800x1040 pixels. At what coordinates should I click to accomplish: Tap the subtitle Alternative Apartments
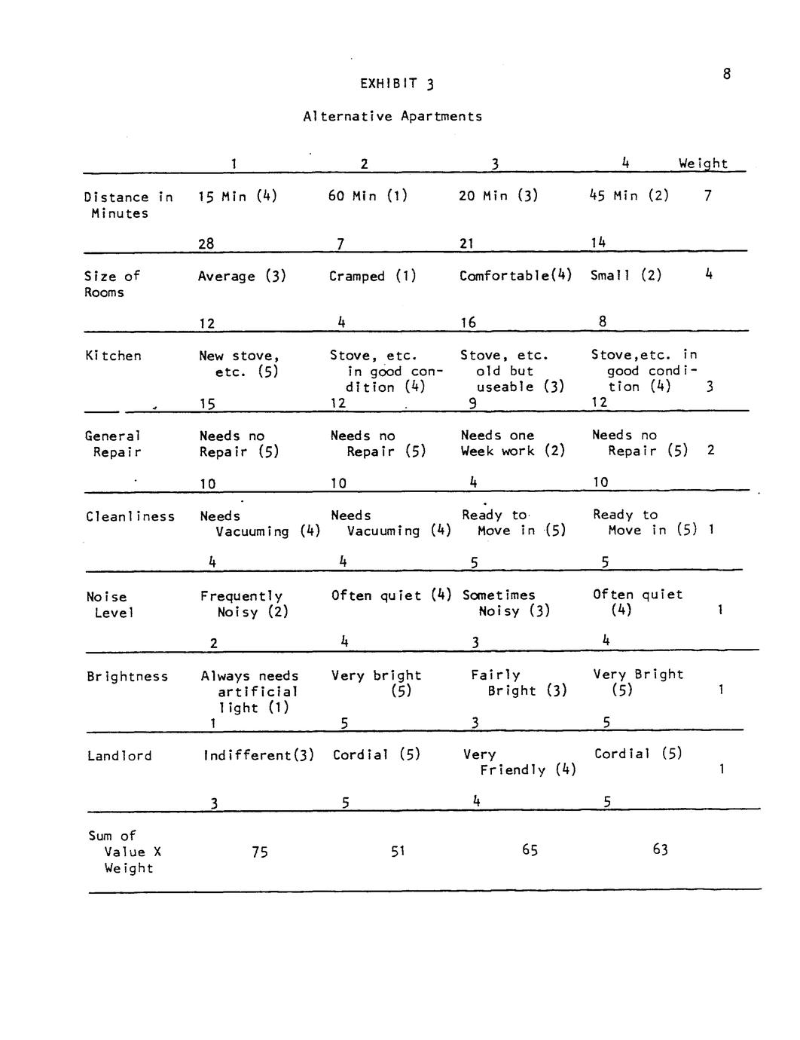[392, 116]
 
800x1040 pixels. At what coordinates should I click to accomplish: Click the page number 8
[726, 74]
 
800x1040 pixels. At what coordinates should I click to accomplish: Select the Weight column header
[703, 164]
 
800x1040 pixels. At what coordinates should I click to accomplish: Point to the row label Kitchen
[113, 356]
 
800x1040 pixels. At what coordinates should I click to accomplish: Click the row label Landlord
[119, 756]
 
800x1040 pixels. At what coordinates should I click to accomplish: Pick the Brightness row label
[127, 676]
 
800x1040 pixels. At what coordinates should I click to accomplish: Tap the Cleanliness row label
[130, 516]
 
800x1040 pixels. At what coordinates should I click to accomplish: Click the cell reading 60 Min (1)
[368, 196]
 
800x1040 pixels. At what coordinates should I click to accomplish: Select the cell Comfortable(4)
[516, 276]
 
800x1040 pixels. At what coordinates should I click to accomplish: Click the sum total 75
[260, 852]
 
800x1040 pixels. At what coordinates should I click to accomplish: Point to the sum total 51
[398, 852]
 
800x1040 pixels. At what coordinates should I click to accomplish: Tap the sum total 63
[660, 850]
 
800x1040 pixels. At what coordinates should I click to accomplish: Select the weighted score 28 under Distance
[206, 243]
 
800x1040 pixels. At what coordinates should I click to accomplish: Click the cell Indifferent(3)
[258, 755]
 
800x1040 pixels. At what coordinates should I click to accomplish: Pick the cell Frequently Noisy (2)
[243, 604]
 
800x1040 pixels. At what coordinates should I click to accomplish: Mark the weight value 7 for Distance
[707, 196]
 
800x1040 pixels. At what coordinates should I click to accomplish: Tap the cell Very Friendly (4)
[519, 762]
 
